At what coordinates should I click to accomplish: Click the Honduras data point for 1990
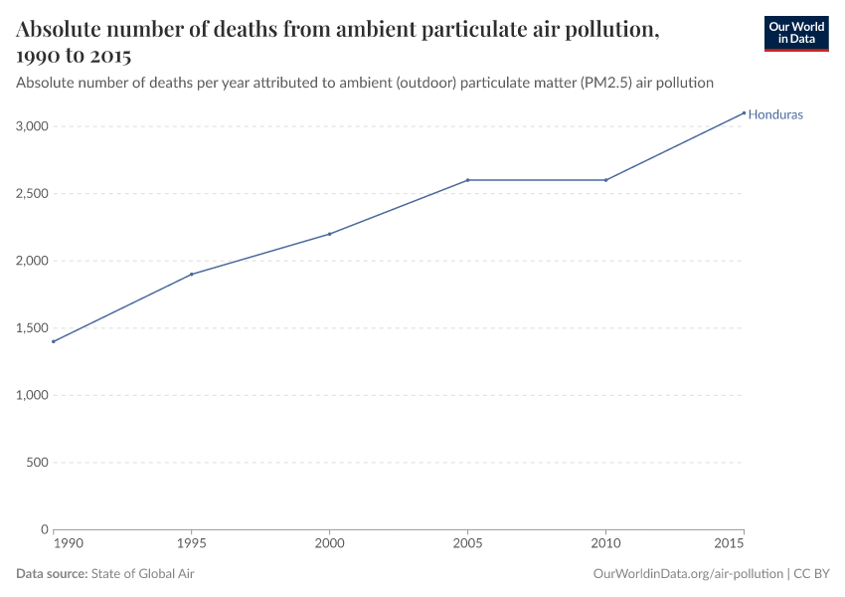point(54,341)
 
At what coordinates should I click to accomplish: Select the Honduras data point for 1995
point(191,274)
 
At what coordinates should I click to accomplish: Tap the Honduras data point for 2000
point(329,234)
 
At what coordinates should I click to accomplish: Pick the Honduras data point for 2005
point(467,180)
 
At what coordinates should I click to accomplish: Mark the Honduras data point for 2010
point(605,180)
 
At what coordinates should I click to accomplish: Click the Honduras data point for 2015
point(744,112)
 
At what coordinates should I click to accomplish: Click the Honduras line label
point(775,114)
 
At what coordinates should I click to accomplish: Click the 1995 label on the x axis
point(191,544)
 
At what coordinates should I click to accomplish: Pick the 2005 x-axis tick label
point(467,544)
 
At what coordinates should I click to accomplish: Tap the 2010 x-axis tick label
point(605,544)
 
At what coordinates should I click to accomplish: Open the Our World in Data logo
point(795,33)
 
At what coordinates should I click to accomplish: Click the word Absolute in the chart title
point(62,30)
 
